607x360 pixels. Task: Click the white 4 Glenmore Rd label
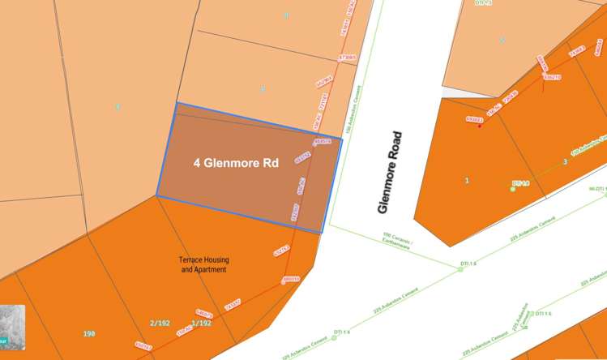coord(236,163)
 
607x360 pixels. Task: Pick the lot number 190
coord(89,333)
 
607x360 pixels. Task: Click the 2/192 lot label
coord(160,323)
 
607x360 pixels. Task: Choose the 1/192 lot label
coord(201,323)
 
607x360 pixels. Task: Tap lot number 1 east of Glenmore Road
coord(467,180)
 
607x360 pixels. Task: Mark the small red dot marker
coord(481,126)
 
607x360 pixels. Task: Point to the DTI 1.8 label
coord(520,184)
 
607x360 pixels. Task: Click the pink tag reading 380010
coord(291,280)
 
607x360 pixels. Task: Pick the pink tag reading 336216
coord(553,77)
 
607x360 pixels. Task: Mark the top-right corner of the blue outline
coord(342,139)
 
